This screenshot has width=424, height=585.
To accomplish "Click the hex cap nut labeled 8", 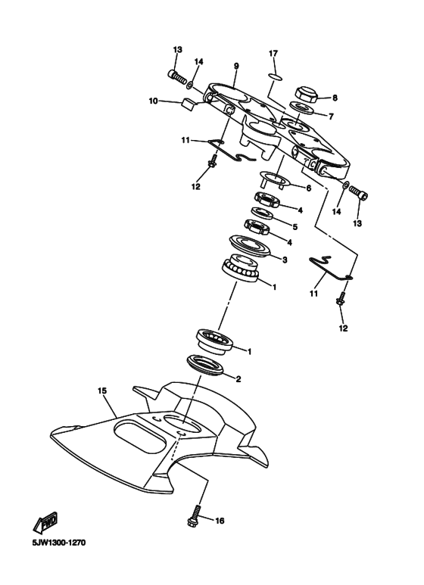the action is pyautogui.click(x=306, y=95).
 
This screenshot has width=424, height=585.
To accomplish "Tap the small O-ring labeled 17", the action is pyautogui.click(x=276, y=76).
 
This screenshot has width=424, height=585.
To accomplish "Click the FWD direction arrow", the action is pyautogui.click(x=46, y=521).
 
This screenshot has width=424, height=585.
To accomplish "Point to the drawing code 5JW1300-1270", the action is pyautogui.click(x=59, y=543).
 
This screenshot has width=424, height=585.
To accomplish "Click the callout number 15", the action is pyautogui.click(x=102, y=391).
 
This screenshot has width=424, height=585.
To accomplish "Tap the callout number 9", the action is pyautogui.click(x=236, y=66).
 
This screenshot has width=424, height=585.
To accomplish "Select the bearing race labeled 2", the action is pyautogui.click(x=206, y=365).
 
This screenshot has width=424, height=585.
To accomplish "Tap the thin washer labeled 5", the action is pyautogui.click(x=263, y=213).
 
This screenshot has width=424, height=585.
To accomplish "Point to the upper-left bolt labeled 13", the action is pyautogui.click(x=177, y=77).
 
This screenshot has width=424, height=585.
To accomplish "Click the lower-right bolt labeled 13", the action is pyautogui.click(x=359, y=192).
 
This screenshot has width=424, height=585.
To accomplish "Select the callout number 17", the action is pyautogui.click(x=273, y=54).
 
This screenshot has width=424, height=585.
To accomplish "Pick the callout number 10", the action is pyautogui.click(x=153, y=101).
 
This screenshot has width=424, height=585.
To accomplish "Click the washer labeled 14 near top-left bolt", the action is pyautogui.click(x=190, y=86).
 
